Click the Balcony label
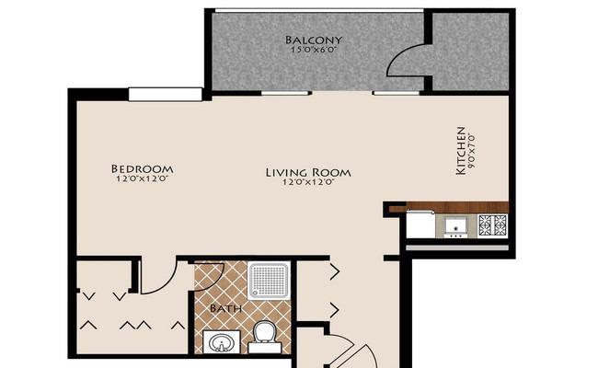(314, 40)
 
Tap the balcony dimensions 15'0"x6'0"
(314, 49)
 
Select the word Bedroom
(142, 168)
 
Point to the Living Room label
(308, 172)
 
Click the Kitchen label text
(461, 151)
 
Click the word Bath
(225, 308)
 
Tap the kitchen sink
(456, 225)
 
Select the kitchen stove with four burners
(493, 224)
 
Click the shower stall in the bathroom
(269, 281)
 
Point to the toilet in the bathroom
(265, 337)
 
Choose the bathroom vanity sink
(221, 341)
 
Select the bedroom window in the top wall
(165, 95)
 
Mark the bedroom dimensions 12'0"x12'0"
(142, 178)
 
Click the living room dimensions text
(308, 182)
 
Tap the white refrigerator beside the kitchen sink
(421, 225)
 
